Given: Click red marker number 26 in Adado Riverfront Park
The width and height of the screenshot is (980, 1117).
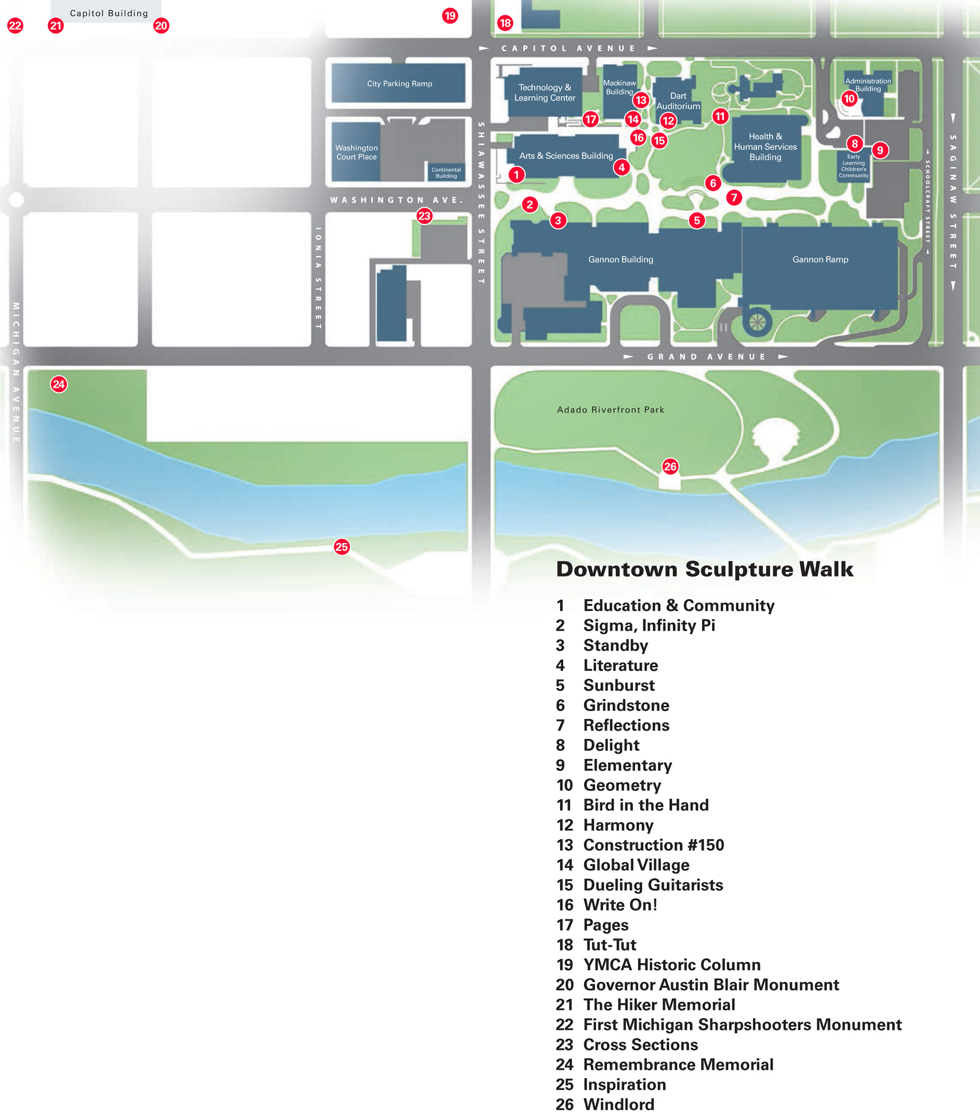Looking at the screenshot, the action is coord(670,466).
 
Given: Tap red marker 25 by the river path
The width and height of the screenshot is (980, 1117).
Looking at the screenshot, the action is coord(341,547).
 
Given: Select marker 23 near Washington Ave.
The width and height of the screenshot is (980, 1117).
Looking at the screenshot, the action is coord(424,215).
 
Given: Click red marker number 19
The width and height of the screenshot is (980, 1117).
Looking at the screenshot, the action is coord(450,15).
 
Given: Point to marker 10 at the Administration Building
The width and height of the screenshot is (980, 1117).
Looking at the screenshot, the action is coord(849,98).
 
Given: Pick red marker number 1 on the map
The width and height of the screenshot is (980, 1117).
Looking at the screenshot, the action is coord(516,175).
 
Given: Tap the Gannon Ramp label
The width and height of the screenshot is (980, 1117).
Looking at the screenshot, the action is coord(820,260).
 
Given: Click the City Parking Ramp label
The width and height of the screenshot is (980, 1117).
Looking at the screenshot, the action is coord(400,84).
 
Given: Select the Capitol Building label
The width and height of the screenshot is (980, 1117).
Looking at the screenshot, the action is coord(109,13).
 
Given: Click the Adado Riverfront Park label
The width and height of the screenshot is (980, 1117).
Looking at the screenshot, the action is coord(610,410).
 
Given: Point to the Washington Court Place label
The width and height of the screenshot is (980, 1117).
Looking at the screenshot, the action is coord(356,153).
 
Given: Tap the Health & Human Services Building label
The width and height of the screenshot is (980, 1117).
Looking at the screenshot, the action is coord(765,146).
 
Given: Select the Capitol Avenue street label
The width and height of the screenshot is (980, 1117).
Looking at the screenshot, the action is coord(569,48).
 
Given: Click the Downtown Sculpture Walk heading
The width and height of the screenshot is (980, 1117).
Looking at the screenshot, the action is coord(704,569).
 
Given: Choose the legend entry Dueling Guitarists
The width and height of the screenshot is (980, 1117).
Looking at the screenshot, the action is coord(653,885).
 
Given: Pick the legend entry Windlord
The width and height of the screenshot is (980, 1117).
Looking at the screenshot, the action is coord(618,1104).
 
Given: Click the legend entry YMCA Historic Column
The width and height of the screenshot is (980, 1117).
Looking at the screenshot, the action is coord(672,964).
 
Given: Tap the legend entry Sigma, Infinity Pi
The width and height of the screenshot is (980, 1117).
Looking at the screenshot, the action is coord(649,625).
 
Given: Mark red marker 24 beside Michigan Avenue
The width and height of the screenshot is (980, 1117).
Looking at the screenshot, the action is coord(59,384).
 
